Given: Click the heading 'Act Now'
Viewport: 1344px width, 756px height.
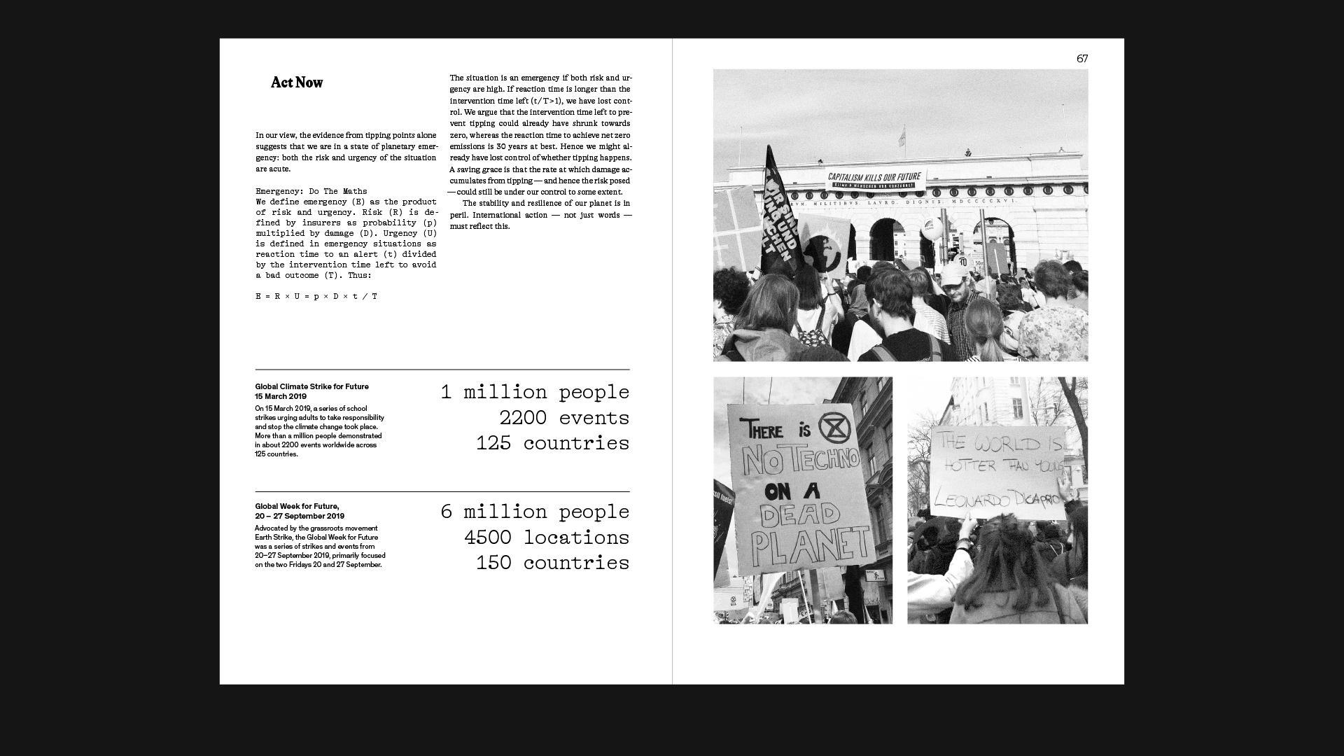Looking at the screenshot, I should pyautogui.click(x=297, y=83).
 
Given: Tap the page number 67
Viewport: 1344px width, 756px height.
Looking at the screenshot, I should pyautogui.click(x=1082, y=59).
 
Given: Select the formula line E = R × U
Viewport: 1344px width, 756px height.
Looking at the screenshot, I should pyautogui.click(x=316, y=296).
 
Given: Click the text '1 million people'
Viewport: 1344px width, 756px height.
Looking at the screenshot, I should pyautogui.click(x=535, y=392).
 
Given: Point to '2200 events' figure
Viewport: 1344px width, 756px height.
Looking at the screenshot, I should pyautogui.click(x=563, y=418).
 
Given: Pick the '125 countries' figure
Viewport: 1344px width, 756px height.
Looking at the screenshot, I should pyautogui.click(x=552, y=443).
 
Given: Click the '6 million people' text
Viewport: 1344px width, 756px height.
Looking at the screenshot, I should pyautogui.click(x=535, y=512).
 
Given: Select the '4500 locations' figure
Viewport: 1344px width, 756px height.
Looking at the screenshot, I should pyautogui.click(x=546, y=538).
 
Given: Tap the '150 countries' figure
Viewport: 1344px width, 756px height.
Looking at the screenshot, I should pyautogui.click(x=552, y=563).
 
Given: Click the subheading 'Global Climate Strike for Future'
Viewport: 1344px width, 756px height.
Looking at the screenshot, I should pyautogui.click(x=311, y=386).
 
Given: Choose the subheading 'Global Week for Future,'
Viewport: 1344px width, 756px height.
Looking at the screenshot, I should pyautogui.click(x=297, y=506).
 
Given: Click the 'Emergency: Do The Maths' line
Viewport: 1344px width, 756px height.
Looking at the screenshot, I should pyautogui.click(x=311, y=191).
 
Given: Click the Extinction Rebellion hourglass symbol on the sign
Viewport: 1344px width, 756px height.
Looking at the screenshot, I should pyautogui.click(x=834, y=428).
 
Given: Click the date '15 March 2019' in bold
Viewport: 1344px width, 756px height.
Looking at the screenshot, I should pyautogui.click(x=281, y=396).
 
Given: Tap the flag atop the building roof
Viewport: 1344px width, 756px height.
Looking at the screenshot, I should pyautogui.click(x=902, y=134).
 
